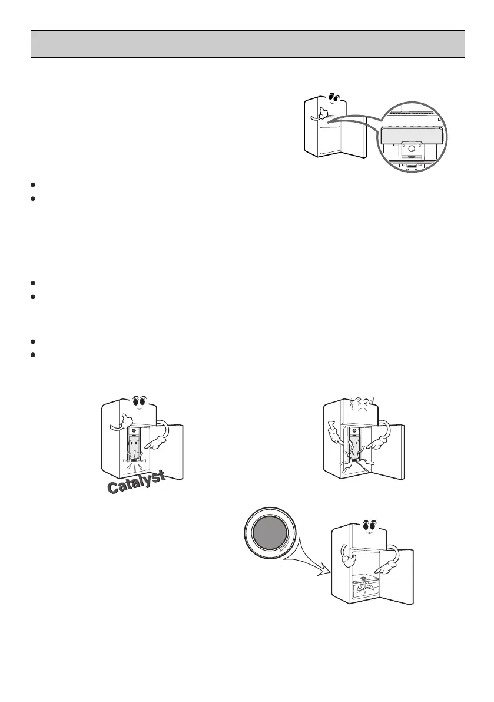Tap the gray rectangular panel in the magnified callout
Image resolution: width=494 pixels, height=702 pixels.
click(x=410, y=136)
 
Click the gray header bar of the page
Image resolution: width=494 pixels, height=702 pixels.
click(x=247, y=44)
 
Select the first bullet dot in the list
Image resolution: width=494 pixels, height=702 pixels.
click(x=34, y=184)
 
